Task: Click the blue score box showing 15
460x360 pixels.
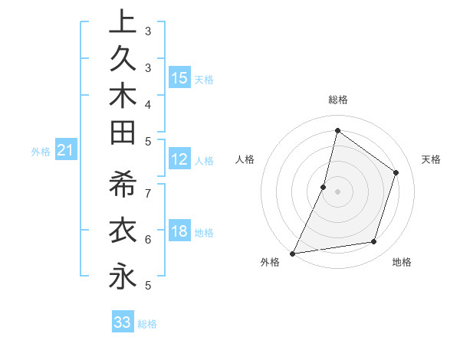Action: click(179, 78)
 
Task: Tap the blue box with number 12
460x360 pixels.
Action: click(179, 159)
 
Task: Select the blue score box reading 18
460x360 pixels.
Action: click(179, 231)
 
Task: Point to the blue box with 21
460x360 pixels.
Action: click(66, 151)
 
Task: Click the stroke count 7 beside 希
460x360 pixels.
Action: click(148, 192)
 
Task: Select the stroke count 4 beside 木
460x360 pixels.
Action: click(148, 103)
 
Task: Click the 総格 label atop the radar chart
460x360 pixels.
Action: click(337, 100)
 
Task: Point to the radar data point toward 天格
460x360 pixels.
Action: click(396, 172)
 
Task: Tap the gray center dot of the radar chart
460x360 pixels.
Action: click(337, 191)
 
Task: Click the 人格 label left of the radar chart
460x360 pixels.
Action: click(245, 159)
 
